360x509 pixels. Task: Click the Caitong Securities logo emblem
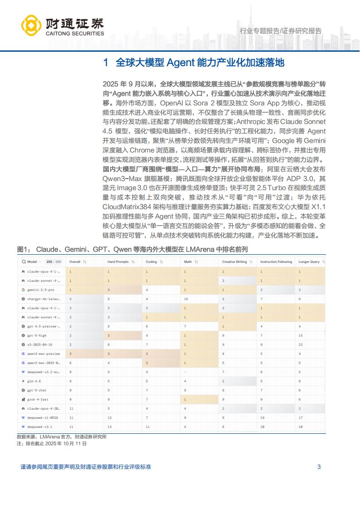tap(31, 27)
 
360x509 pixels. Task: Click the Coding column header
tap(151, 262)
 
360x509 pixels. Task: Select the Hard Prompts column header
tap(118, 262)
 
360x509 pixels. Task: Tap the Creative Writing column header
tap(234, 262)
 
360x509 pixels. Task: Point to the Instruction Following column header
tap(276, 262)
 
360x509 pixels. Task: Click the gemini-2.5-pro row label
tap(40, 289)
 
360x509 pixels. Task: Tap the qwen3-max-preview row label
tap(44, 353)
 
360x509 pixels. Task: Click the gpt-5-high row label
tap(37, 335)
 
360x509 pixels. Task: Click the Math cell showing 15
tap(186, 299)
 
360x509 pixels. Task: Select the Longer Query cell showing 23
tap(300, 344)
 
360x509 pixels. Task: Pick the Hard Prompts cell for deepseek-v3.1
tap(109, 427)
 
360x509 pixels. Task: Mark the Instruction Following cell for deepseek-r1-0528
tap(262, 417)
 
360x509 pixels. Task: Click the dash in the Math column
tap(185, 372)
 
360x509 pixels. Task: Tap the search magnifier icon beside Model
tap(23, 262)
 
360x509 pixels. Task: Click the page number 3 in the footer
tap(319, 466)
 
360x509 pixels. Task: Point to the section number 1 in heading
tap(106, 63)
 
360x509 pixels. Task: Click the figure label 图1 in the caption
tap(23, 249)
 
